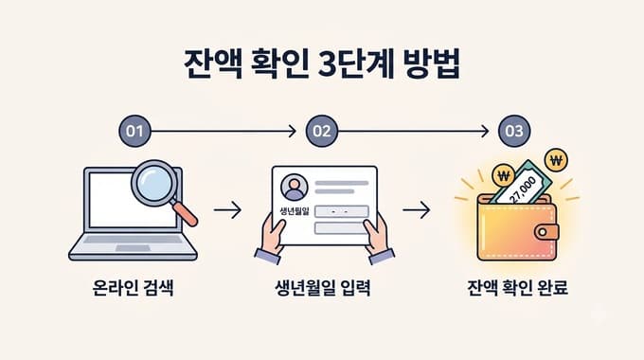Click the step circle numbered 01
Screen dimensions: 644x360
pos(134,131)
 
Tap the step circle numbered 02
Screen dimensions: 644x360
pos(322,131)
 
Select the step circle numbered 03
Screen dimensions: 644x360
pos(514,131)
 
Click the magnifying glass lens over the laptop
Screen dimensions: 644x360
pos(154,183)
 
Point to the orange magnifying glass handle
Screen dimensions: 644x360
pos(185,214)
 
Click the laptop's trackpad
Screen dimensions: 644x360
pos(133,248)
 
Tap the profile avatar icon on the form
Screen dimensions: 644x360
pos(295,188)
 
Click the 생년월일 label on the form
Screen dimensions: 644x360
pos(295,211)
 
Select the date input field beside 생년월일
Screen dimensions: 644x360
pos(341,211)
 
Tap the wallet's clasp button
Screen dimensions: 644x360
pos(546,232)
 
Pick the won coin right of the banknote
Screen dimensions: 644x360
pos(556,160)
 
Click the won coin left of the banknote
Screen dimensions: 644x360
pos(504,176)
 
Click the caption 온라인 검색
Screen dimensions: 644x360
pos(133,288)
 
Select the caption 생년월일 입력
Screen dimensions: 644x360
pos(322,288)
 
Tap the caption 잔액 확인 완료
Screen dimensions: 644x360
pos(517,288)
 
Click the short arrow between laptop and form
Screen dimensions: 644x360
pos(227,210)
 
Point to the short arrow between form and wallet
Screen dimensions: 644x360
pos(417,210)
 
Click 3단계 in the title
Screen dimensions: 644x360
pos(356,64)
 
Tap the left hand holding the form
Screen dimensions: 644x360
pos(270,239)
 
